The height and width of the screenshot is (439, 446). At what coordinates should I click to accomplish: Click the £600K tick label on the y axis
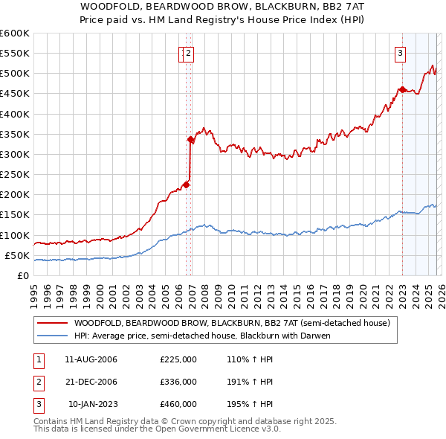[x=15, y=33]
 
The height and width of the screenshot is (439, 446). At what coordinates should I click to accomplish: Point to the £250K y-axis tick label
[x=15, y=174]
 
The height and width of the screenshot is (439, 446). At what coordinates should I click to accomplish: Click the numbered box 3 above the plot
[x=400, y=53]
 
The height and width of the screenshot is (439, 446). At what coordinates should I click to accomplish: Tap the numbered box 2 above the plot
[x=189, y=53]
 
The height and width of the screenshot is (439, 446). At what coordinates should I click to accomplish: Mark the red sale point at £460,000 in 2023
[x=402, y=90]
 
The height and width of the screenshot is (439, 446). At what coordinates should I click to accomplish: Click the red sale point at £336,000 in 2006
[x=191, y=139]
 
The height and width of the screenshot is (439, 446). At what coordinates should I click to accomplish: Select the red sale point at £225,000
[x=186, y=185]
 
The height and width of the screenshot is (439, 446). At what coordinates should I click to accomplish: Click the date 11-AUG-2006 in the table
[x=91, y=359]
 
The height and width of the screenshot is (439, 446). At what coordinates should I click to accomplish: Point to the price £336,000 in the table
[x=178, y=382]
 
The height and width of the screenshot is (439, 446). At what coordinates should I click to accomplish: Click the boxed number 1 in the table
[x=39, y=359]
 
